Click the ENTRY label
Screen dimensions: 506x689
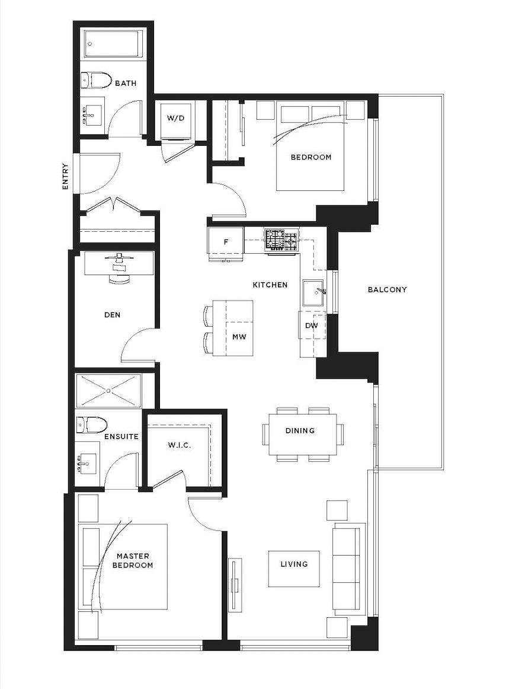pyautogui.click(x=65, y=177)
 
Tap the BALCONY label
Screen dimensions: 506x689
pyautogui.click(x=387, y=289)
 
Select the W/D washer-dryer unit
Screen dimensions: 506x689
pyautogui.click(x=175, y=120)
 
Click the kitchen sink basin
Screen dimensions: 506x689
pyautogui.click(x=313, y=292)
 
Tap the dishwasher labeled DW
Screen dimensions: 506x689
pyautogui.click(x=312, y=326)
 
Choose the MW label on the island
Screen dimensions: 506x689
pyautogui.click(x=239, y=337)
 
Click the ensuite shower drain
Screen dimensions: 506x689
pyautogui.click(x=108, y=390)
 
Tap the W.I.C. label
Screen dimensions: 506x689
pyautogui.click(x=179, y=445)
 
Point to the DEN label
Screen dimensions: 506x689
pyautogui.click(x=113, y=315)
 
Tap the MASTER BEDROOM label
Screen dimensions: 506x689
pyautogui.click(x=133, y=561)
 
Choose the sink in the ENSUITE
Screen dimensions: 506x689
pyautogui.click(x=87, y=464)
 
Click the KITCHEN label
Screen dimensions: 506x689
pyautogui.click(x=270, y=285)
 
